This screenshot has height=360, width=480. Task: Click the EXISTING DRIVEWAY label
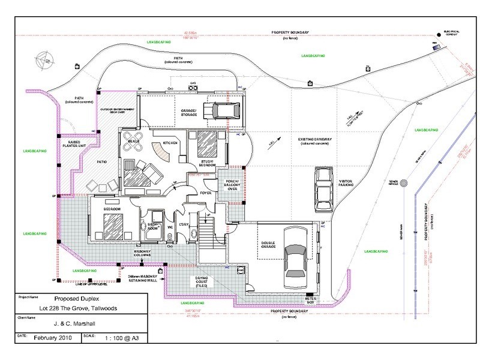coord(316,141)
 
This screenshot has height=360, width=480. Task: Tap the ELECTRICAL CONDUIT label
coord(451,32)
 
